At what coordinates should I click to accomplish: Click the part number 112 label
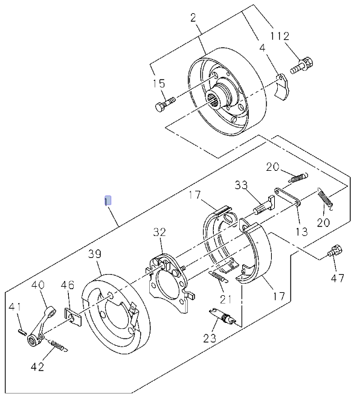pyautogui.click(x=280, y=36)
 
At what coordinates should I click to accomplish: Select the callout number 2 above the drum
pyautogui.click(x=193, y=18)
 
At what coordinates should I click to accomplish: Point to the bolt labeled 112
pyautogui.click(x=302, y=65)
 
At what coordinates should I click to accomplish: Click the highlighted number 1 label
pyautogui.click(x=108, y=200)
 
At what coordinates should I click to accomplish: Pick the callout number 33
pyautogui.click(x=242, y=185)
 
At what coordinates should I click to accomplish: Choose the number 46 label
pyautogui.click(x=68, y=285)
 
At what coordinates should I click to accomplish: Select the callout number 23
pyautogui.click(x=210, y=338)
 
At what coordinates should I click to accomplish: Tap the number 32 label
pyautogui.click(x=159, y=232)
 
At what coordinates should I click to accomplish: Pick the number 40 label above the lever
pyautogui.click(x=38, y=285)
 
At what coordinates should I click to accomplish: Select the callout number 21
pyautogui.click(x=225, y=298)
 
